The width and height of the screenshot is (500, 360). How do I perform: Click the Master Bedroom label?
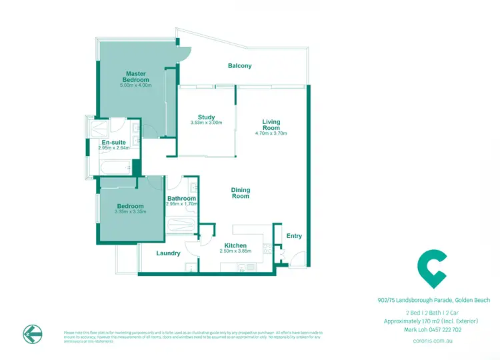pos(136,77)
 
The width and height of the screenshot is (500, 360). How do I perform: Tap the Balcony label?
pos(240,65)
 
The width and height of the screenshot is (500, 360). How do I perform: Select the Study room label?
pos(205,117)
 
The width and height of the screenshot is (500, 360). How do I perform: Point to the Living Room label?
pos(271,125)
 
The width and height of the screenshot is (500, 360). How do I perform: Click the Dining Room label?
pos(241,193)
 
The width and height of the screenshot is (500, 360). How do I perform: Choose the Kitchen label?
pos(235,245)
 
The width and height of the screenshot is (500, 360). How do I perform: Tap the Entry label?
pos(294,236)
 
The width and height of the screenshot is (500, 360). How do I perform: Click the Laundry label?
pos(168,253)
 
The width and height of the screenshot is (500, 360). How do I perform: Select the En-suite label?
pos(113,143)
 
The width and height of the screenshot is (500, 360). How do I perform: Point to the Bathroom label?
pos(181,199)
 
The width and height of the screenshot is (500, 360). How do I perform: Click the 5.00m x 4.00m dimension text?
pos(136,85)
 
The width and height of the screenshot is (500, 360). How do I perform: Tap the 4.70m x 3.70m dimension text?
pos(271,133)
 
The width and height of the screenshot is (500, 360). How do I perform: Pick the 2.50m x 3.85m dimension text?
pos(235,251)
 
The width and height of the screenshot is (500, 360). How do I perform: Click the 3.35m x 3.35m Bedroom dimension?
pos(130,212)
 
